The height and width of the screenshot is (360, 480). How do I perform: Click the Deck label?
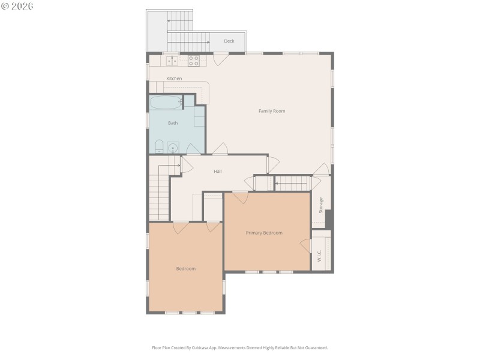[x=229, y=41]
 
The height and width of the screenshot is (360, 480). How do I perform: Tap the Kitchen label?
[x=174, y=79]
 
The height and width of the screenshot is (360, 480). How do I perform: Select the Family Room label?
[x=272, y=111]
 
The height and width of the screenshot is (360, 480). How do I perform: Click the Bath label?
[x=173, y=123]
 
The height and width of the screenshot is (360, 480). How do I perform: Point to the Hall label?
[x=218, y=172]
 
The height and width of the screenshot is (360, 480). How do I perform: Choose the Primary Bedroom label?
[x=264, y=233]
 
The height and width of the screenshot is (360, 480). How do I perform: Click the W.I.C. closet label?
[x=319, y=256]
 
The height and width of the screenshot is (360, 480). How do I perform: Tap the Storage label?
[x=321, y=205]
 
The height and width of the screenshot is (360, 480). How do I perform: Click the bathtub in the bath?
[x=166, y=102]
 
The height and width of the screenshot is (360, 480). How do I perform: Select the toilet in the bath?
[x=159, y=146]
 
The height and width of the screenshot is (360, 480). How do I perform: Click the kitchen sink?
[x=172, y=60]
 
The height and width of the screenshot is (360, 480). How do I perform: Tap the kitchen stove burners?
[x=194, y=60]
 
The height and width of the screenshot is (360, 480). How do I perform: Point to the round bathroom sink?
[x=173, y=146]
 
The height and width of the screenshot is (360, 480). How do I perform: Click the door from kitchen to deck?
[x=221, y=59]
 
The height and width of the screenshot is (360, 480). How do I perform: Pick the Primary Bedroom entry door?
[x=240, y=197]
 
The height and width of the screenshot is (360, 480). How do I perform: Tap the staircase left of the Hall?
[x=160, y=192]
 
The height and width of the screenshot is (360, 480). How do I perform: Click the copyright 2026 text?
[x=17, y=6]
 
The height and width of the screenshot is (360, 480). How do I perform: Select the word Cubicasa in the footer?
[x=203, y=347]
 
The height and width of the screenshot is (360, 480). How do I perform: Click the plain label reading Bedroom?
[x=186, y=269]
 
